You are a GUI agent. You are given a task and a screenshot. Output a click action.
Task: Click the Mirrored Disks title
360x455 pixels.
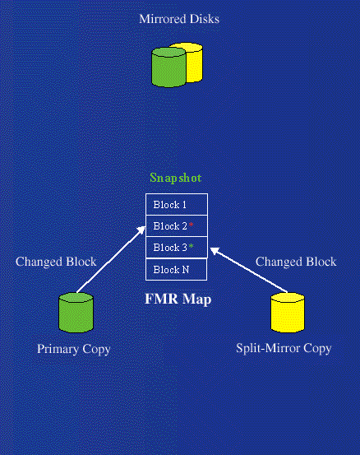coord(179,19)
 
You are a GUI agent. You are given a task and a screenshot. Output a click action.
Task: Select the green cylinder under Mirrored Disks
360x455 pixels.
coord(168,67)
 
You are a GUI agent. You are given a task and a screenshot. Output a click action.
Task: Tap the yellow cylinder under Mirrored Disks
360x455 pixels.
coord(195,62)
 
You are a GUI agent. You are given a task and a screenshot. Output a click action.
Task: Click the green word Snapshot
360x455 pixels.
coord(176,178)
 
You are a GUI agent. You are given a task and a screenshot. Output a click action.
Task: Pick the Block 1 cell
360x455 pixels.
coord(177,205)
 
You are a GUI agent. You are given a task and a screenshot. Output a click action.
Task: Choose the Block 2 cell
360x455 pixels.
coord(177,226)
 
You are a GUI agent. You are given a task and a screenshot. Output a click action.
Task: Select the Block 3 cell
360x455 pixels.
coord(177,248)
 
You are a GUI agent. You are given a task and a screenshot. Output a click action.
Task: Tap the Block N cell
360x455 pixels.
coord(176,270)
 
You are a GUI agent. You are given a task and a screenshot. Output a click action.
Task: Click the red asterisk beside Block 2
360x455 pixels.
coord(191,225)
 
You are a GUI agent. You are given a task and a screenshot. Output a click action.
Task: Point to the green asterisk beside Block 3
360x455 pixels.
coord(191,246)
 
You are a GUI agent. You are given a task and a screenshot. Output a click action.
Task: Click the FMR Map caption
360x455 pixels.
coord(178,299)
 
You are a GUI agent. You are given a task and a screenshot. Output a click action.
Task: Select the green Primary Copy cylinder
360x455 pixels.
coord(76,313)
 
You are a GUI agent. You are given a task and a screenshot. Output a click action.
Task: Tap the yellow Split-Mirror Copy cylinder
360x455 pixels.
coord(288,313)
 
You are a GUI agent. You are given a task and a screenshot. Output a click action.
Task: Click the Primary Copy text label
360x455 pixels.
coord(74,349)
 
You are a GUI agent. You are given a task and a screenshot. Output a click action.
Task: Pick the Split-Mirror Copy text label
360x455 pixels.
coord(284,349)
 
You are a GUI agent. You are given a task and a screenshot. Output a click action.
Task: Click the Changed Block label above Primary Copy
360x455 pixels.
coord(56,262)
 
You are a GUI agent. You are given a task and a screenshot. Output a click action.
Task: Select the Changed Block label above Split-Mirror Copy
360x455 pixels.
coord(296,262)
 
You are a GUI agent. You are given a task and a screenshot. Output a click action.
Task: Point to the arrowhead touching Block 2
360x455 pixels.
coord(141,230)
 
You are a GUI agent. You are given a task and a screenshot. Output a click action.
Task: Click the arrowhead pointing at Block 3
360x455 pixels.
coord(215,251)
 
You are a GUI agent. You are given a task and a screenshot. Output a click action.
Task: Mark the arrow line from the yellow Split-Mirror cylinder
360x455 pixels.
coord(249,270)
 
